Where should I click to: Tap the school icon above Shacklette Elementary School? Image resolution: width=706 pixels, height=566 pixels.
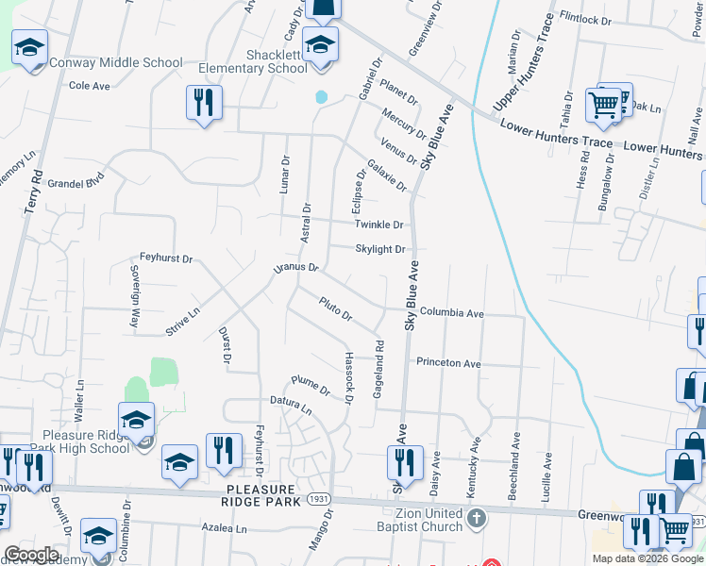(320, 45)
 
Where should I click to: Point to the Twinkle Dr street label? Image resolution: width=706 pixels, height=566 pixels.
(379, 225)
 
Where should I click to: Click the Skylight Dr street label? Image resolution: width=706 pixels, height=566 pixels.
(380, 249)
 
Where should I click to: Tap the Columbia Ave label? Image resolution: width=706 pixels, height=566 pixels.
(451, 312)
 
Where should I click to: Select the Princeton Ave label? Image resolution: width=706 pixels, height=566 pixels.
(448, 362)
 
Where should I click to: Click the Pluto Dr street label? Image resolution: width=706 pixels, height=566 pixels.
(335, 308)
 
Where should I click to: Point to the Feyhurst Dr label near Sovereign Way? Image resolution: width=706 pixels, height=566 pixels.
(165, 258)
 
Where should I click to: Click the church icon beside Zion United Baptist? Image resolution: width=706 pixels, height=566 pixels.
(477, 517)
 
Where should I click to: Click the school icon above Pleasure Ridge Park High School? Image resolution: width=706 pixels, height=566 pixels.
(136, 418)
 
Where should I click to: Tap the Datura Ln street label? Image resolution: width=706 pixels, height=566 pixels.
(292, 406)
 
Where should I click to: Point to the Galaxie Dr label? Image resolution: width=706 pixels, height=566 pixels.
(387, 175)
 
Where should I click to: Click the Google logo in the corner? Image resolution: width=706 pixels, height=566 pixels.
(32, 555)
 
